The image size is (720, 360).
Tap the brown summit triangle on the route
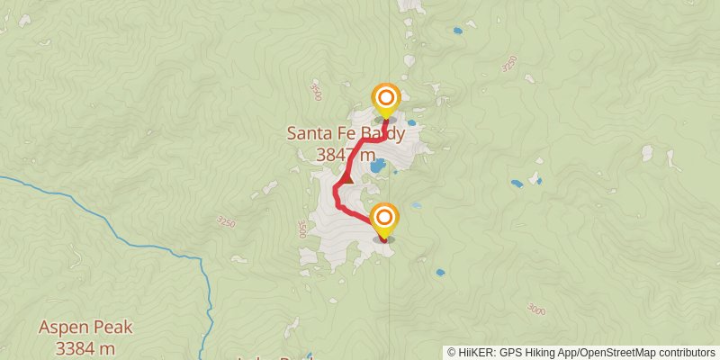(347, 178)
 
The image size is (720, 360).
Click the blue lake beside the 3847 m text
(378, 166)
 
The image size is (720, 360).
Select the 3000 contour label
(535, 310)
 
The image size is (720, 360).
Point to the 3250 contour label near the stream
(227, 221)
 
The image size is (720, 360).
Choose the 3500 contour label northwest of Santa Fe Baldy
(314, 92)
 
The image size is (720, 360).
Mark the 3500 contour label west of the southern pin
(301, 230)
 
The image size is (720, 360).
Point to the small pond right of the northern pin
(411, 122)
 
